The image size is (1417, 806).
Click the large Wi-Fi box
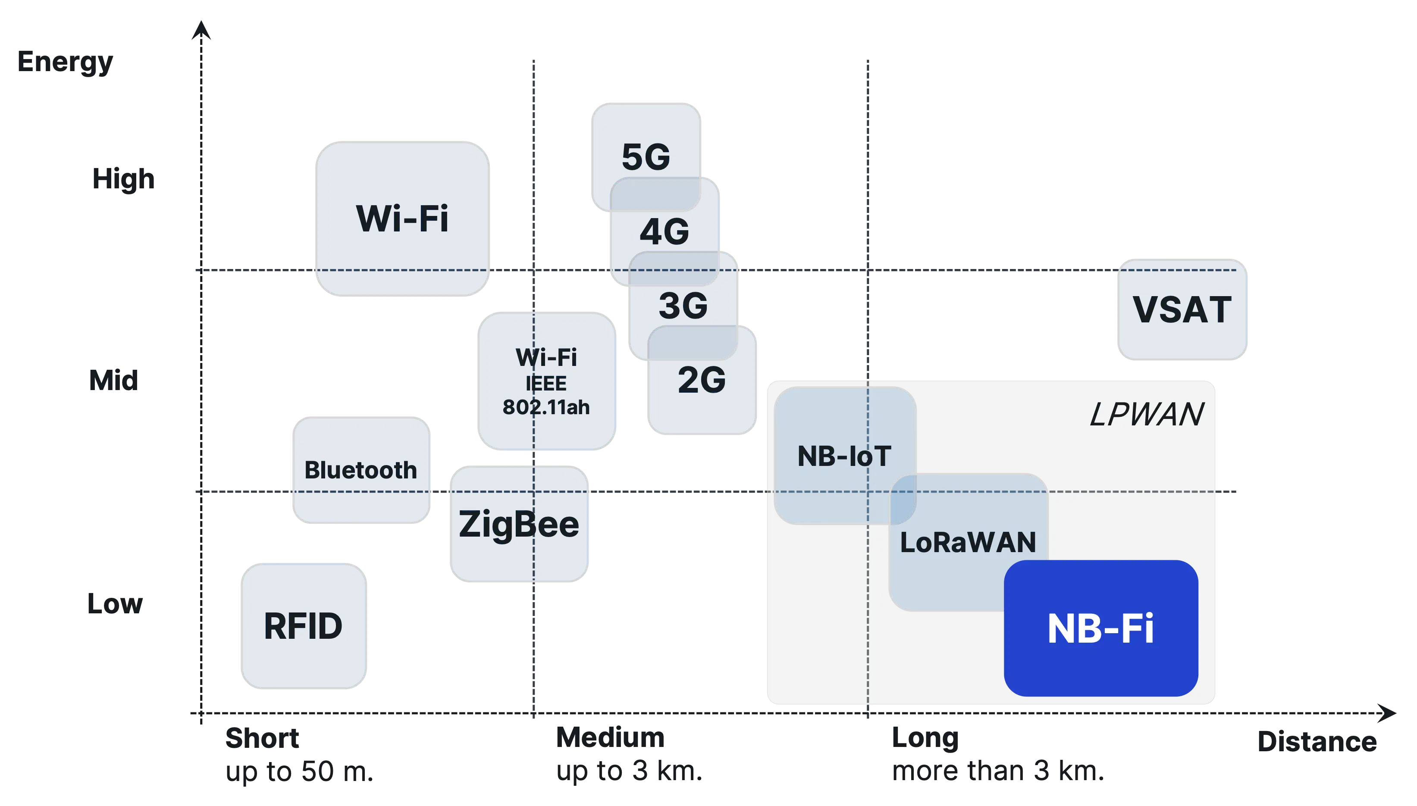403,218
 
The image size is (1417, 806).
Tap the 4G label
665,231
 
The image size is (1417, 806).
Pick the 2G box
702,387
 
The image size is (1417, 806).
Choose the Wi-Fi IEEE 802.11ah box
546,381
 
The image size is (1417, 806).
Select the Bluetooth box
361,470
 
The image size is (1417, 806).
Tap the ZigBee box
519,524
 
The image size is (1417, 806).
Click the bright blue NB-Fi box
1101,628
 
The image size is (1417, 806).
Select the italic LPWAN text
1146,414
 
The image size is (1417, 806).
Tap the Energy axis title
65,62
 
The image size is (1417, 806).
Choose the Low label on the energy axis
116,602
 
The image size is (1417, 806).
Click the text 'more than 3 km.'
997,771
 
